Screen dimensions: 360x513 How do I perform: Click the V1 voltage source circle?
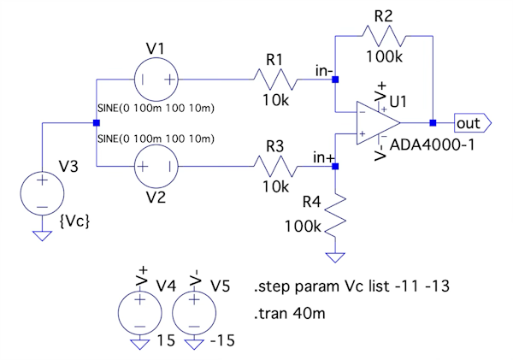(x=156, y=80)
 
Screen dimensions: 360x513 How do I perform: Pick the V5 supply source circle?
(x=195, y=310)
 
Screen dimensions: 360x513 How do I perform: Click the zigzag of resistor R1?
(x=274, y=80)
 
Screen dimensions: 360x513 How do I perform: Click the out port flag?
(x=472, y=122)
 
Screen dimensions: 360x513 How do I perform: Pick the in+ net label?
(x=322, y=156)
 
